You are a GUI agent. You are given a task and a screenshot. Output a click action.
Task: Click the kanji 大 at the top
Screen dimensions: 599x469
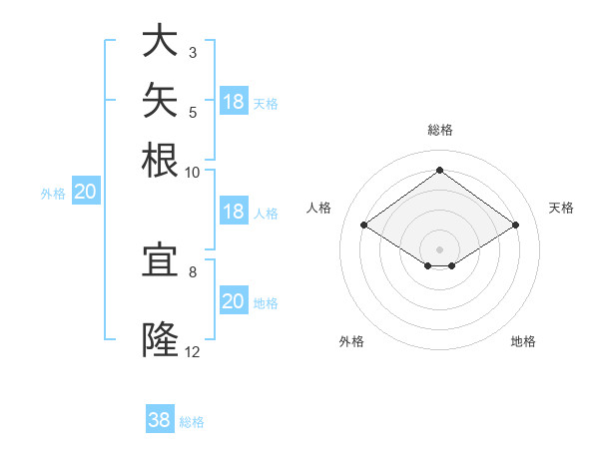[x=160, y=40]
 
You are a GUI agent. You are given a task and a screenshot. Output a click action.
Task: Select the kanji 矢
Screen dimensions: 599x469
[x=160, y=100]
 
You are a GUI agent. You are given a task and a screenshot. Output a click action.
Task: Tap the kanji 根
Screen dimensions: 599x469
[x=160, y=160]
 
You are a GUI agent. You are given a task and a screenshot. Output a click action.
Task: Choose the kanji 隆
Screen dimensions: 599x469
[x=160, y=339]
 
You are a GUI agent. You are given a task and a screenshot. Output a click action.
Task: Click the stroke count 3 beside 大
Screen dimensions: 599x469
[x=193, y=52]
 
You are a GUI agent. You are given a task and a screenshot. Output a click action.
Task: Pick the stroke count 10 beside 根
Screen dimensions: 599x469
[x=192, y=173]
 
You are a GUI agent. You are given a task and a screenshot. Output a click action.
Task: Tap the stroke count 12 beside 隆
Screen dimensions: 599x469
[x=192, y=352]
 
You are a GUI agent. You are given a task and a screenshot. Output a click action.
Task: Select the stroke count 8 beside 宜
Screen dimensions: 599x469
[x=193, y=272]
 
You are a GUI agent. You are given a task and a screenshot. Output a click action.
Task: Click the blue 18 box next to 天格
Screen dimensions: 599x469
[x=234, y=101]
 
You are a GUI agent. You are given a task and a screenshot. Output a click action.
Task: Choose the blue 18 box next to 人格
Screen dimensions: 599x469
[x=234, y=211]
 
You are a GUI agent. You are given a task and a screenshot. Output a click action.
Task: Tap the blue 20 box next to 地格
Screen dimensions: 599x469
[x=234, y=299]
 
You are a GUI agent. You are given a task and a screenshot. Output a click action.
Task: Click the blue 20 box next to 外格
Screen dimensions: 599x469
[x=86, y=191]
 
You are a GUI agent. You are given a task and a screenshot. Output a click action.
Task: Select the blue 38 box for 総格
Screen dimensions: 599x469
[x=160, y=418]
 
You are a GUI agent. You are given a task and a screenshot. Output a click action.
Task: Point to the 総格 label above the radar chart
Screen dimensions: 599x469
[x=440, y=130]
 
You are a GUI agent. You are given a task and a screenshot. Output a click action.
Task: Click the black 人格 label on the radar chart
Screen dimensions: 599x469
[x=318, y=208]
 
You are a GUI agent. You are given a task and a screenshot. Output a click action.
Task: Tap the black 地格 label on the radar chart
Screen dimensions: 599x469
[x=523, y=341]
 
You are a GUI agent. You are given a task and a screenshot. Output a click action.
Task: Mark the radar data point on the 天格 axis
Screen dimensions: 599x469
[x=515, y=225]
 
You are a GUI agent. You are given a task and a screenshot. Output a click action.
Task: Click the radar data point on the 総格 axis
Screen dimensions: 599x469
[x=439, y=170]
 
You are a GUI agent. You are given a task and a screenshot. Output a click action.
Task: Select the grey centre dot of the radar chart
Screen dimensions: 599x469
[x=439, y=249]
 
